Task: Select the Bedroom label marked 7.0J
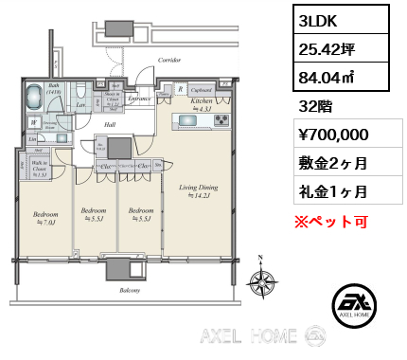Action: [x=45, y=217]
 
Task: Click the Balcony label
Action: [x=130, y=291]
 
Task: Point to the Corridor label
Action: [x=169, y=59]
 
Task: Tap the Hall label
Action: [x=109, y=123]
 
